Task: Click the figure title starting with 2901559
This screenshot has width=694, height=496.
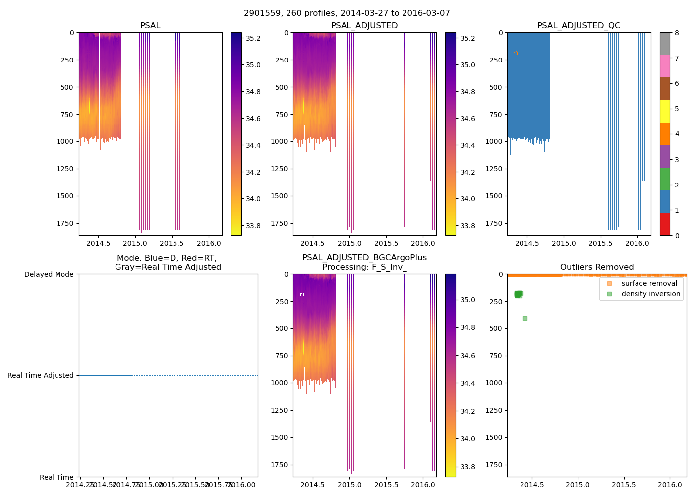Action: pos(347,13)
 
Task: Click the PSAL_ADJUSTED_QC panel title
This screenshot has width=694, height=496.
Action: pos(578,26)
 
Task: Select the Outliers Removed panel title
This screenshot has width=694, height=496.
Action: pos(596,267)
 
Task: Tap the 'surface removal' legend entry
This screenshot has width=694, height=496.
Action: pos(649,283)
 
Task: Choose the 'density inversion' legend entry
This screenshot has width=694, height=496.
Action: pos(650,294)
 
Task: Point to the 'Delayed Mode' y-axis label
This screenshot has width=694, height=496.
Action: pos(49,274)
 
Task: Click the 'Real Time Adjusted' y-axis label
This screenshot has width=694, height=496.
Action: pos(41,375)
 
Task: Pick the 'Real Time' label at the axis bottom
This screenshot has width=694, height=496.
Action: pos(57,477)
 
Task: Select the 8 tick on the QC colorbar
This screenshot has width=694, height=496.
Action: pos(677,33)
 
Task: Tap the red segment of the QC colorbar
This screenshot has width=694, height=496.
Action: pos(665,224)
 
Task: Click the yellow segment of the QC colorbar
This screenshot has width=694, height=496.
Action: pos(665,111)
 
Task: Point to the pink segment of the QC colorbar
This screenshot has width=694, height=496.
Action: pos(665,66)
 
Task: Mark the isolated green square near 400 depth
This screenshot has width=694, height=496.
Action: pos(525,318)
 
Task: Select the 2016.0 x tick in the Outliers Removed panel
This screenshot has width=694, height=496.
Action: pos(670,484)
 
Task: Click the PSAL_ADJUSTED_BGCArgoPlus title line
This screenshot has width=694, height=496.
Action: pos(364,258)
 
